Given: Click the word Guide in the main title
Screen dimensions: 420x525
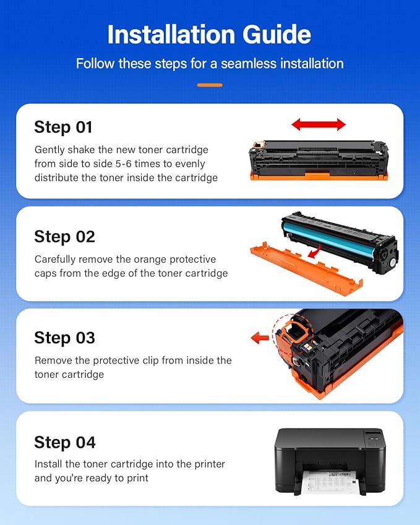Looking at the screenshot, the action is tap(276, 35).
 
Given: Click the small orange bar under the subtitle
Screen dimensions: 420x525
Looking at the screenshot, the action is tap(210, 85).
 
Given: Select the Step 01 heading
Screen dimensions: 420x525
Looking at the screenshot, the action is tap(63, 127).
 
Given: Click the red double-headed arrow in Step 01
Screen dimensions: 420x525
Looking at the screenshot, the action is tap(319, 124).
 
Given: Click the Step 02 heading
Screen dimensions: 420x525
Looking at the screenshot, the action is tap(65, 237).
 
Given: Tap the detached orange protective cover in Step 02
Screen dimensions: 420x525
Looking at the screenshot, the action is tap(306, 269).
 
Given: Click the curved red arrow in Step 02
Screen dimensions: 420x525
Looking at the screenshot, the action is tap(315, 252).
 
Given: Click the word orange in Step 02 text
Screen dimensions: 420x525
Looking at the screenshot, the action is tap(147, 260).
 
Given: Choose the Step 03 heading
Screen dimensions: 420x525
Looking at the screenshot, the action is tap(65, 338).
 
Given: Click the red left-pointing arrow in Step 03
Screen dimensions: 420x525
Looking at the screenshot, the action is tap(260, 338).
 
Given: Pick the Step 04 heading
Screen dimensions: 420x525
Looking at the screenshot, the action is tap(65, 442).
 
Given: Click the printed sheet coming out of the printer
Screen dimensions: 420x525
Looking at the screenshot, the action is tap(328, 482).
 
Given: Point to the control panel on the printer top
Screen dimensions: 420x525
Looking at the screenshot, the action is tap(373, 437).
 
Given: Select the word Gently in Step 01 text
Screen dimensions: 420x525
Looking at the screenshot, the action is tap(49, 150).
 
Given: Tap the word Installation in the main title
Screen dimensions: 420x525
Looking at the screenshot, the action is tap(171, 35).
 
